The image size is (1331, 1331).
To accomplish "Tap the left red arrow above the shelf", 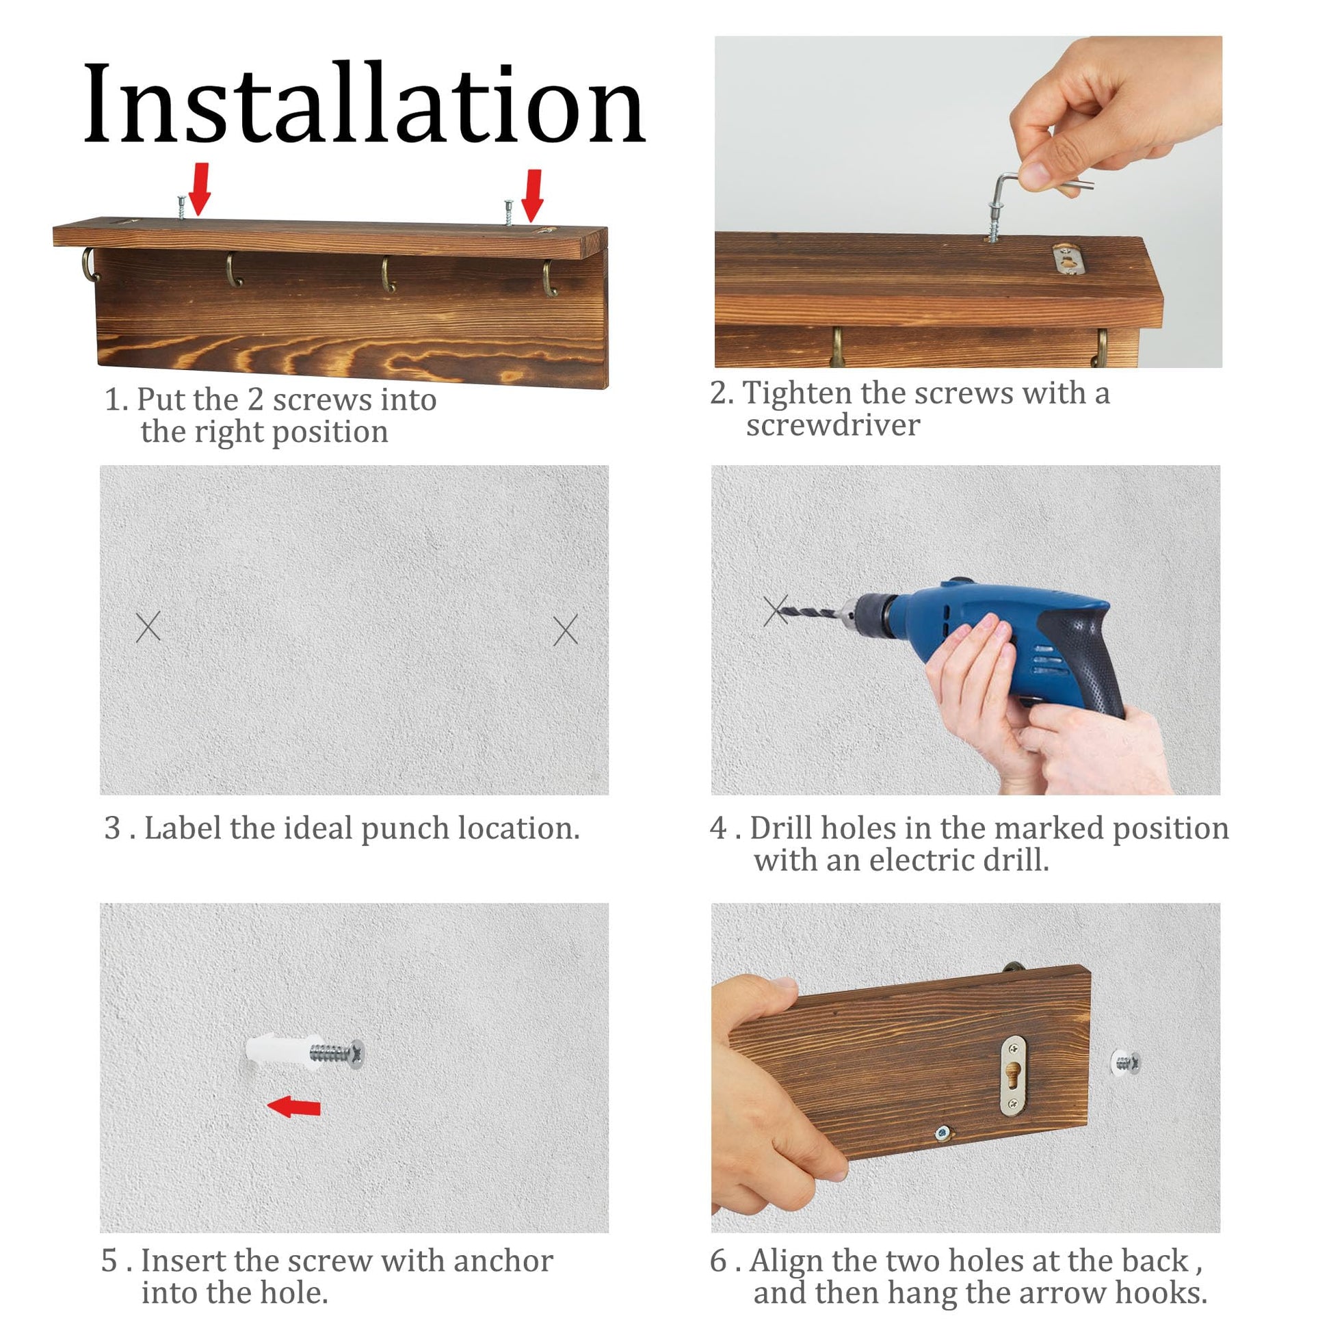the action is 200,188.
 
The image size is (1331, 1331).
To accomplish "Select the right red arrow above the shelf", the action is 533,196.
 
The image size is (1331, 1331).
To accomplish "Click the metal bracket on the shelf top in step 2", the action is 1068,259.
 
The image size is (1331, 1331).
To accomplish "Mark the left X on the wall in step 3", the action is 148,627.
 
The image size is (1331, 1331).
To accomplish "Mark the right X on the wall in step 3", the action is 566,630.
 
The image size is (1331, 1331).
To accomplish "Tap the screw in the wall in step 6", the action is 1126,1062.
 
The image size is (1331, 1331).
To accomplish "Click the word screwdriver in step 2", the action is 833,425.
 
